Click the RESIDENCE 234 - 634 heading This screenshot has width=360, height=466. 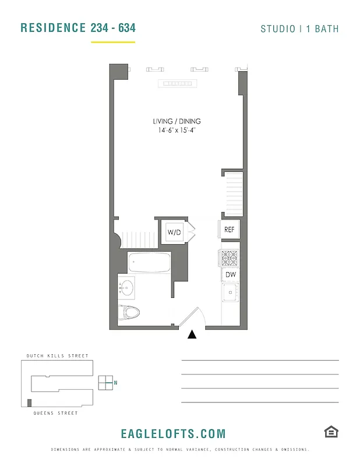point(78,28)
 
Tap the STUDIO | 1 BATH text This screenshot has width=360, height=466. point(299,29)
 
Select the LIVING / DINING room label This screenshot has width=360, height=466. point(177,121)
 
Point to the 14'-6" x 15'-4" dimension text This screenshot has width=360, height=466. point(177,130)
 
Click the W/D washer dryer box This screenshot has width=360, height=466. point(174,232)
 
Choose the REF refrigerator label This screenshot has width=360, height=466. point(230,230)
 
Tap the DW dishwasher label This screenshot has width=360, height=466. point(230,274)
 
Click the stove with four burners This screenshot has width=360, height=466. point(229,257)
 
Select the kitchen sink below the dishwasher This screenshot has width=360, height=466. point(231,292)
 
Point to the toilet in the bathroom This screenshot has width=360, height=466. point(130,313)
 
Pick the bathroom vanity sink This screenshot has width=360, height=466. point(127,287)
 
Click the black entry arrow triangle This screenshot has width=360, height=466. point(192,334)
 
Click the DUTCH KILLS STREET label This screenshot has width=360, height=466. point(57,356)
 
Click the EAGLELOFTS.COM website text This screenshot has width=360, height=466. point(173,434)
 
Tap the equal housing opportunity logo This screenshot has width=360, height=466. point(331,432)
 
